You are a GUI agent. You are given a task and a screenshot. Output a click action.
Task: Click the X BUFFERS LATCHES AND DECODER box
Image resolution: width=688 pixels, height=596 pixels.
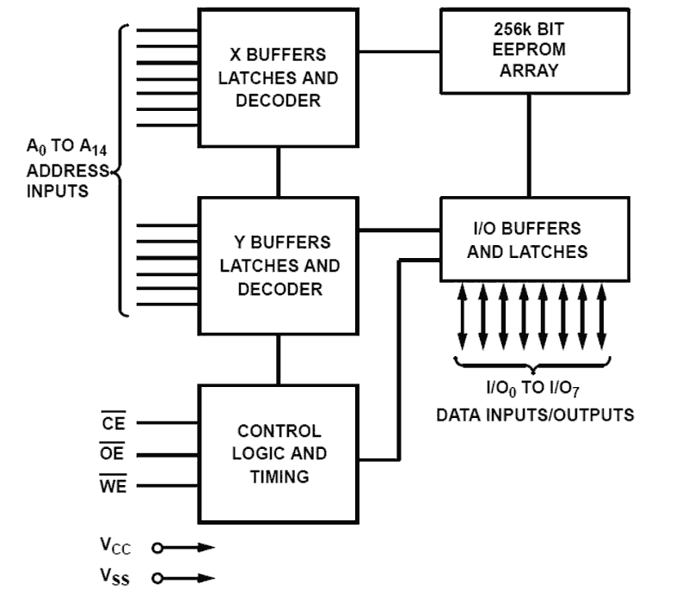[x=278, y=78]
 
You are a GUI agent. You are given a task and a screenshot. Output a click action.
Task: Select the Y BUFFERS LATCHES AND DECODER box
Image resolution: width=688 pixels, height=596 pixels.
[x=278, y=266]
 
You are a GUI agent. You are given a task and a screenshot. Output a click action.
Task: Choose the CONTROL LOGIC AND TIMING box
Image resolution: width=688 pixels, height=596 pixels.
[x=278, y=453]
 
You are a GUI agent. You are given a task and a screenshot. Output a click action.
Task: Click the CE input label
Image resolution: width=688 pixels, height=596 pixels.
[x=113, y=422]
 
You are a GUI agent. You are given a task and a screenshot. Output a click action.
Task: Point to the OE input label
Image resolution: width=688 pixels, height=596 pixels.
[x=113, y=454]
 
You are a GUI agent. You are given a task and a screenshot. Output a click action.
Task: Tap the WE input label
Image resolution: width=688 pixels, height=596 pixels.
[x=113, y=486]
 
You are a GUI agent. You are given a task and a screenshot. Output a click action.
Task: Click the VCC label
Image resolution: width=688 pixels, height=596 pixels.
[x=116, y=547]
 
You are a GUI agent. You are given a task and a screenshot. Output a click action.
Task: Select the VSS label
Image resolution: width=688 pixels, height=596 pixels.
[x=116, y=577]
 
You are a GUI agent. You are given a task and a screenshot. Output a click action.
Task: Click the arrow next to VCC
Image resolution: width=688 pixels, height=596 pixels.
[x=185, y=547]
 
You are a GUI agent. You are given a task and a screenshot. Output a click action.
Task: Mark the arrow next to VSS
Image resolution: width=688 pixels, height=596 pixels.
[x=185, y=577]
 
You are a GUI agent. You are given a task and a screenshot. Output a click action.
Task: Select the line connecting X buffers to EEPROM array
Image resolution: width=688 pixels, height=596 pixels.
[x=399, y=52]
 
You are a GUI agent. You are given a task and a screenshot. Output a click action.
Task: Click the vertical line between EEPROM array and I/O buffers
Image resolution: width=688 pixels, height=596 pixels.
[x=527, y=146]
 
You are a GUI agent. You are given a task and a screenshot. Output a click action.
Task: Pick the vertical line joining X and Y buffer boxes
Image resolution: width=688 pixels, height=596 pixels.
[x=278, y=172]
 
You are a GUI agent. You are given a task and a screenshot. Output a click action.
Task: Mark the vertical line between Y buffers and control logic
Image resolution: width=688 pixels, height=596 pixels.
[x=278, y=359]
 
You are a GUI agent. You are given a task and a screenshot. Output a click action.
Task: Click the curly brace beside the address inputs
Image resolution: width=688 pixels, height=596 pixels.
[x=121, y=170]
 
